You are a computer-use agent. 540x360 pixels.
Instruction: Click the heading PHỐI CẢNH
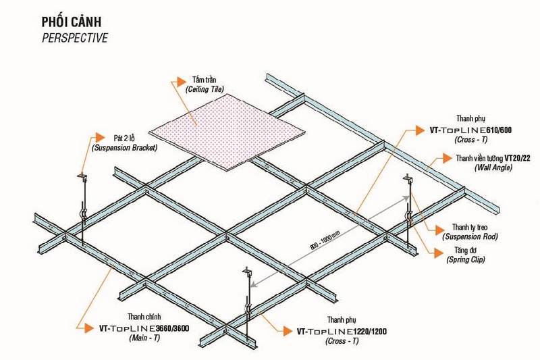tap(72, 22)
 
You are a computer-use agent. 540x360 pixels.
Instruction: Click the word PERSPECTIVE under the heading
tap(75, 38)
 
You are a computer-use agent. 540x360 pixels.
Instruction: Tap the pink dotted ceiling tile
tap(227, 132)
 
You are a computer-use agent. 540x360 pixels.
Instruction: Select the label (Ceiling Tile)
tap(205, 89)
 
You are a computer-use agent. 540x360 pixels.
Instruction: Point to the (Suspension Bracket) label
tap(124, 148)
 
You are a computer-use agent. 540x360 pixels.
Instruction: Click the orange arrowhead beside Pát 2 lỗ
tap(100, 137)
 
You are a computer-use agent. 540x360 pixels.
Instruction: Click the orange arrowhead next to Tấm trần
tap(181, 82)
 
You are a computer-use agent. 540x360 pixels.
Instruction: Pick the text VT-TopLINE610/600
tap(470, 130)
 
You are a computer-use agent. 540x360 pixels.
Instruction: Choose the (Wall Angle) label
tap(493, 168)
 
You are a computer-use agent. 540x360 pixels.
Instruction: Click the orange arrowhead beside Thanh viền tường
tap(448, 158)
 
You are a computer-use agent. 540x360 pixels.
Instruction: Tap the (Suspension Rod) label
tap(470, 236)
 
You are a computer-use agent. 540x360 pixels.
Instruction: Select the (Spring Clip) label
tap(466, 259)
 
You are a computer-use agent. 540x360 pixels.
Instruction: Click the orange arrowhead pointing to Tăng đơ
tap(438, 253)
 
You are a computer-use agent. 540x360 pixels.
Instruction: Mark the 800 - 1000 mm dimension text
tap(325, 240)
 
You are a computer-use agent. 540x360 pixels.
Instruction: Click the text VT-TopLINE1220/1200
tap(342, 332)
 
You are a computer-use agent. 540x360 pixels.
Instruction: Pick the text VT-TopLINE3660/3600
tap(144, 328)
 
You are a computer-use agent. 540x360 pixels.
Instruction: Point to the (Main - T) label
tap(144, 338)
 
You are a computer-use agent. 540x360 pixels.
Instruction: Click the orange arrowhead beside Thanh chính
tap(90, 328)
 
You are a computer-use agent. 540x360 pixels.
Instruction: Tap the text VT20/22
tap(517, 158)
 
